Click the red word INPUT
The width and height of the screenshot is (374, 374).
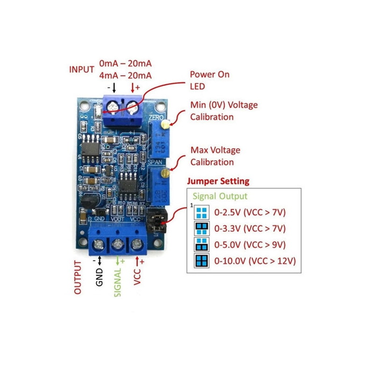(x=82, y=70)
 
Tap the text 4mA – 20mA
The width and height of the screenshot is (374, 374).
(x=125, y=76)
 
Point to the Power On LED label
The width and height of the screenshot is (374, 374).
(x=209, y=80)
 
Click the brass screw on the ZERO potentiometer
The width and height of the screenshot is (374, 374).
(x=165, y=124)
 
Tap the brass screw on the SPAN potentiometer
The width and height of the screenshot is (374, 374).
(x=164, y=173)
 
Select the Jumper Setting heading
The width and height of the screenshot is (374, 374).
(x=218, y=181)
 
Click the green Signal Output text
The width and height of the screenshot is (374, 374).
(x=220, y=196)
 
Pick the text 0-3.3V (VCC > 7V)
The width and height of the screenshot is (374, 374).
(x=250, y=229)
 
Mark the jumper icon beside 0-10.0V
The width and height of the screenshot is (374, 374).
(x=201, y=260)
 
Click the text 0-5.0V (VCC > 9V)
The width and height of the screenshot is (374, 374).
(x=250, y=245)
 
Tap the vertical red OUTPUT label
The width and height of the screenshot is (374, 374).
(x=78, y=277)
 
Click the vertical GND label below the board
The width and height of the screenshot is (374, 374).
(x=99, y=276)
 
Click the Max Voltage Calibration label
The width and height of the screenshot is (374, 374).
(x=215, y=156)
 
